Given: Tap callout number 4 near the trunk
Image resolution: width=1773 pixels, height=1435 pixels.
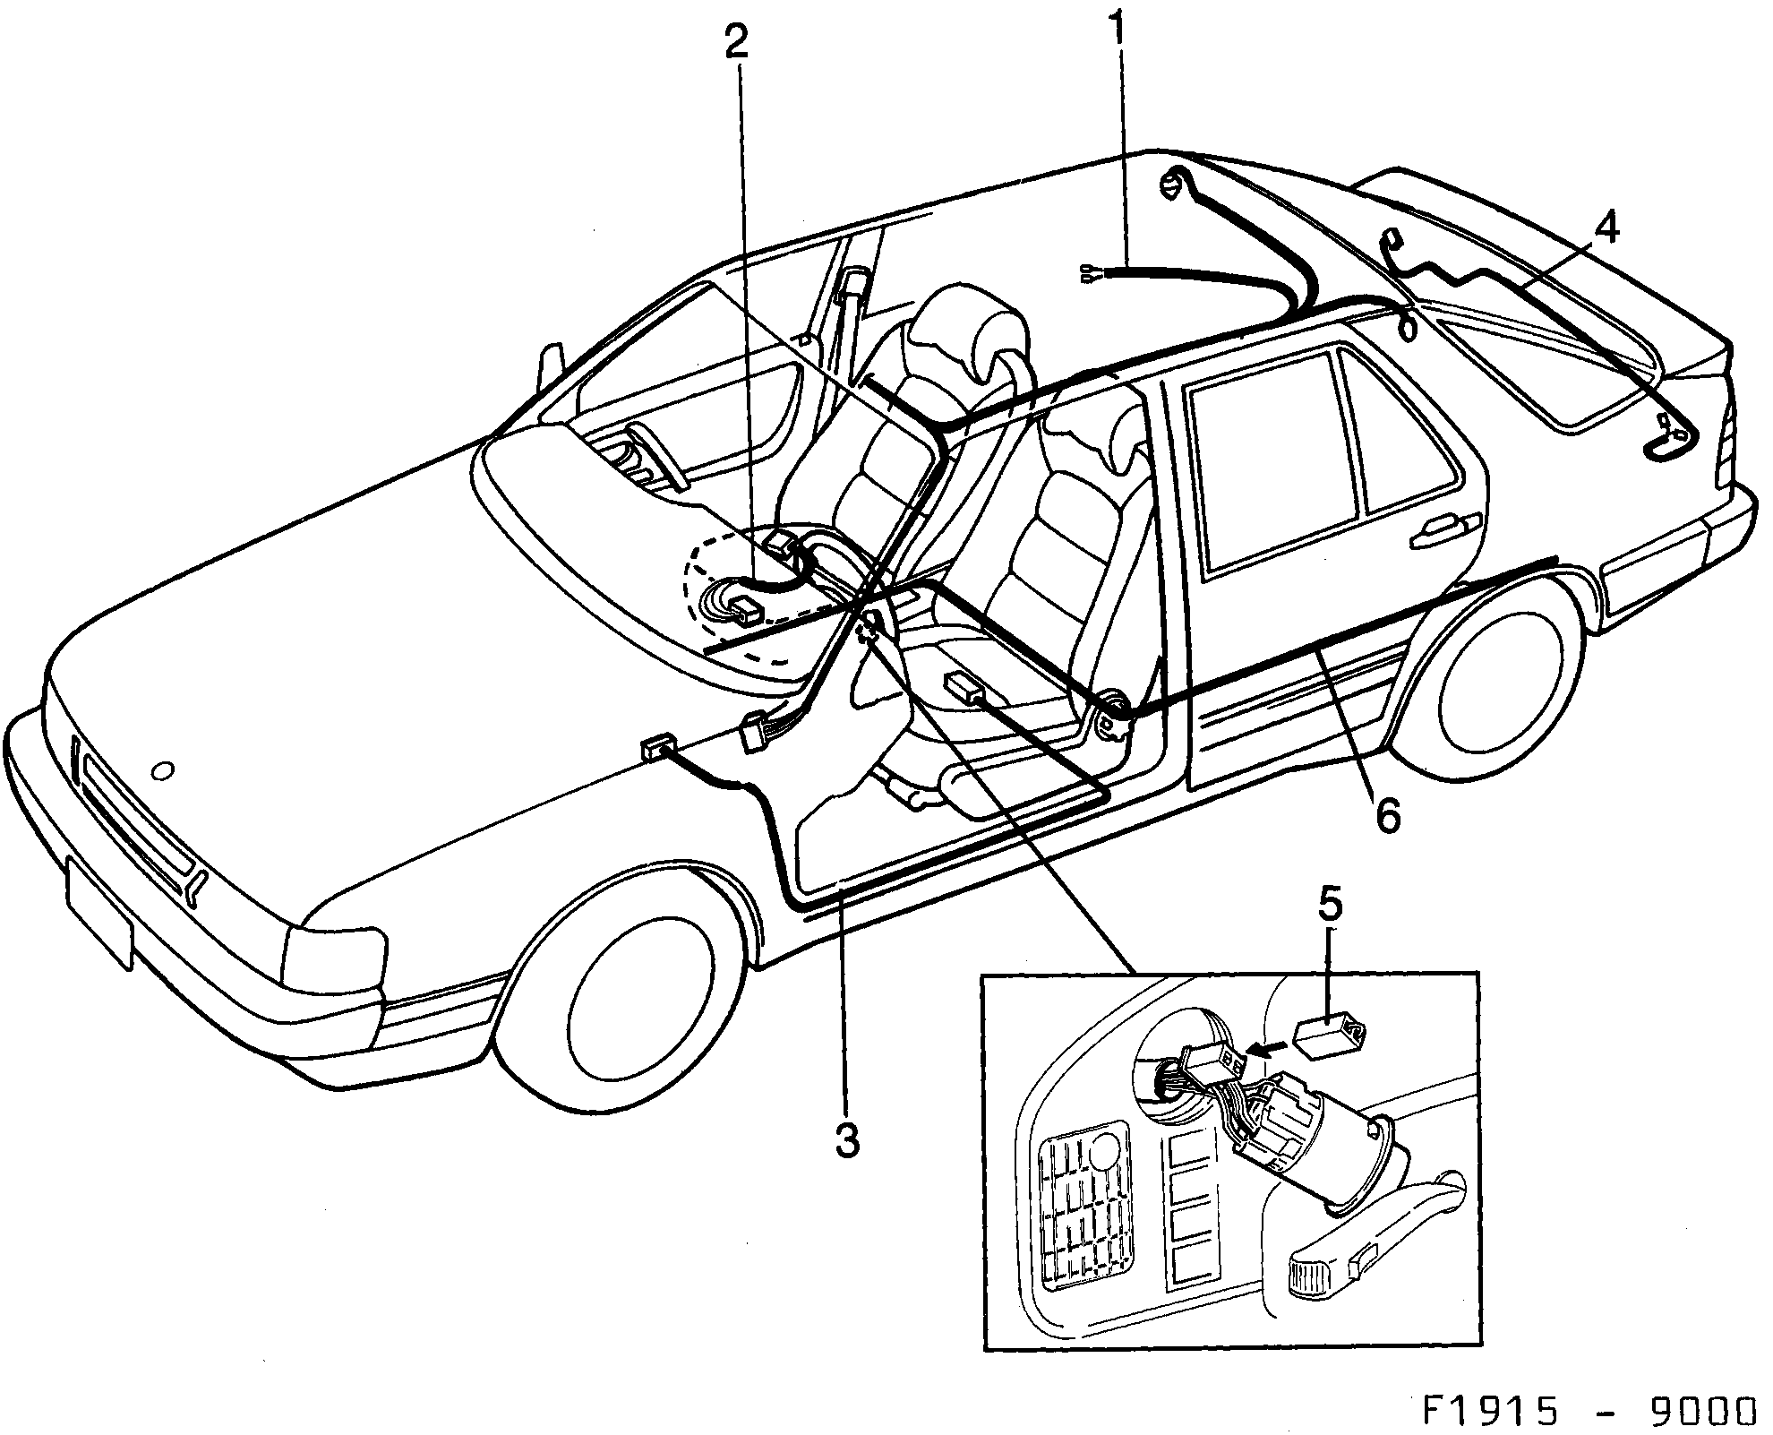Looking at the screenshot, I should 1606,229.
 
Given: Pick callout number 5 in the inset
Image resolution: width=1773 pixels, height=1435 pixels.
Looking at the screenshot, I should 1330,906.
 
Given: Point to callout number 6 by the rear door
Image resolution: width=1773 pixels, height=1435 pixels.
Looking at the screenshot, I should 1385,815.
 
